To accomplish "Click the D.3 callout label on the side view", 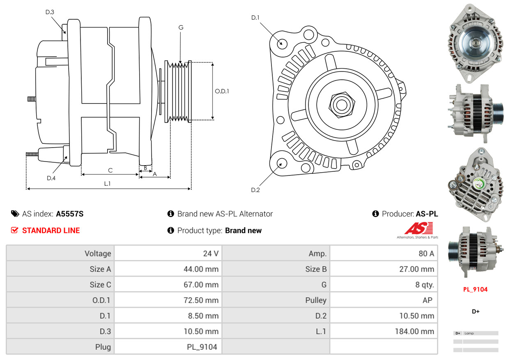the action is (x=50, y=12).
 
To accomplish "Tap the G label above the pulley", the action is (x=181, y=28).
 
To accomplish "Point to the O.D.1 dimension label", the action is (x=222, y=91).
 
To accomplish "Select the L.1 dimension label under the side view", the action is (x=107, y=183).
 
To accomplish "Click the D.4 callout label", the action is (x=51, y=178).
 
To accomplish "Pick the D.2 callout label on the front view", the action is (x=255, y=190).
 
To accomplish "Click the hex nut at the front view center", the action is (x=342, y=105).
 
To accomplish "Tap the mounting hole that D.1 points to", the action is (x=282, y=44).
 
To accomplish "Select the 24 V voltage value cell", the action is (x=211, y=253).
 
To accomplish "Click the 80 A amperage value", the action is (x=426, y=253).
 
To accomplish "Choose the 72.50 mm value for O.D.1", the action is (x=201, y=300).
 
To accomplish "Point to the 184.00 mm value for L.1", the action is (x=414, y=331).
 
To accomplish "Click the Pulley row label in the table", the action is (x=316, y=300).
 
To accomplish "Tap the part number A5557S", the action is (x=70, y=214).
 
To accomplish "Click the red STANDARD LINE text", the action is (x=51, y=231).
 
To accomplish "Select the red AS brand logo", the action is (x=418, y=228).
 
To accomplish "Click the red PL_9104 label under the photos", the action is (x=475, y=289).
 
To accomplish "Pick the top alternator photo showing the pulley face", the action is (x=475, y=43).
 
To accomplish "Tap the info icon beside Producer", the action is (x=375, y=214).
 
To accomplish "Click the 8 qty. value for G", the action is (x=425, y=285).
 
